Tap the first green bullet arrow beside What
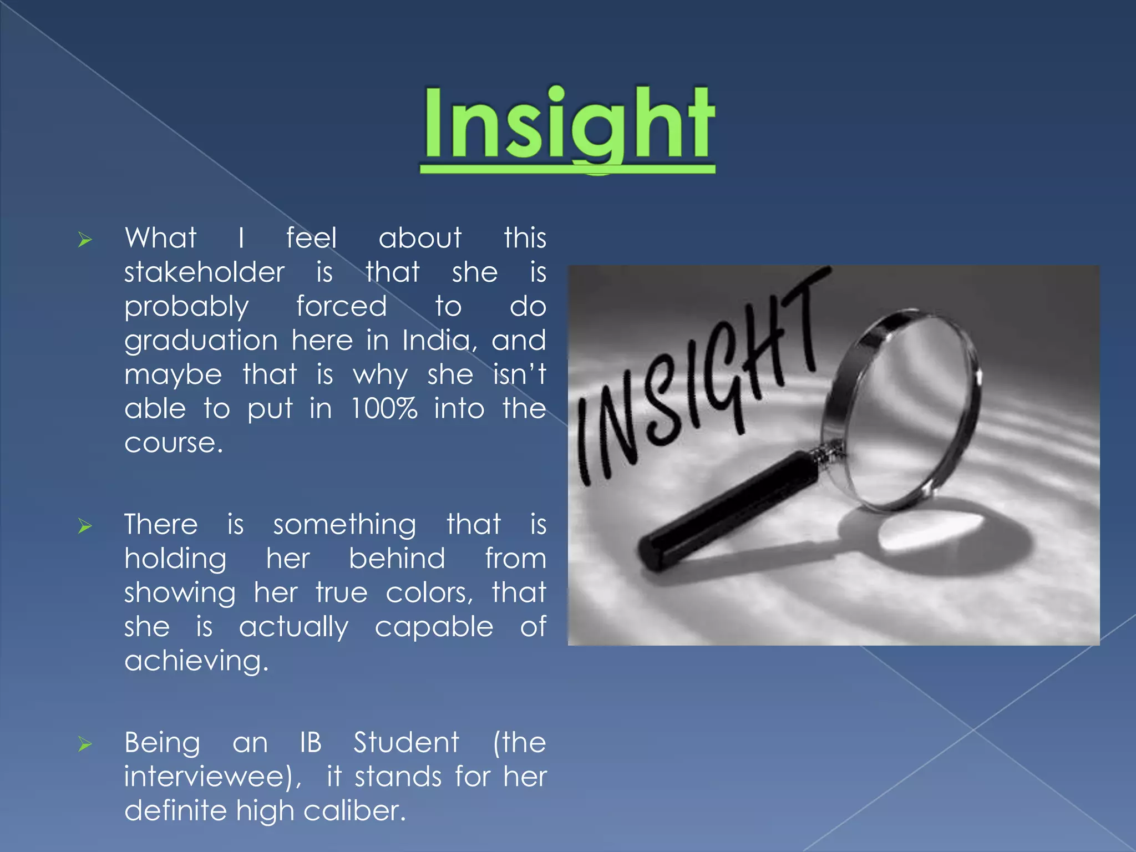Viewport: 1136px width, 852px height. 84,240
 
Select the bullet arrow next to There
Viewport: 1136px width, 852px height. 84,526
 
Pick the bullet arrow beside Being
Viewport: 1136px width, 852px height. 84,744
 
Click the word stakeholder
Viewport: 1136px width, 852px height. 204,272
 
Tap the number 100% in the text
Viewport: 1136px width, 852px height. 384,409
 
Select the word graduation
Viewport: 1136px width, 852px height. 201,341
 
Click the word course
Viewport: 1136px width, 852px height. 173,443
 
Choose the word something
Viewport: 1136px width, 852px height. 344,525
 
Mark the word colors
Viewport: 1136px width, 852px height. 429,593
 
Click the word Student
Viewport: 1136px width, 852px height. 407,743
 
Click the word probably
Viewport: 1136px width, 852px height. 186,307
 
